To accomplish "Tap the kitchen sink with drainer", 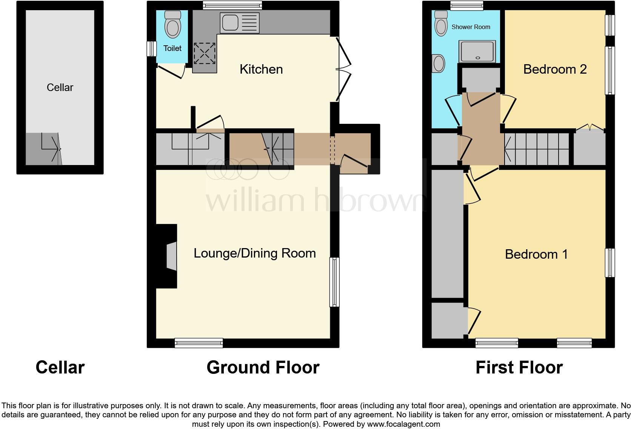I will coord(240,23).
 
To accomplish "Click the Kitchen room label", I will coord(261,69).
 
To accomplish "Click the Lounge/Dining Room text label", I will coord(255,253).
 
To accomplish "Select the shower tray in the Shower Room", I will coord(477,51).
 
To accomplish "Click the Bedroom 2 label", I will coord(555,69).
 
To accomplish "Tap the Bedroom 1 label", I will coord(536,255).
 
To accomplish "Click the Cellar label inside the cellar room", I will coord(60,88).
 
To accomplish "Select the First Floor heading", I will coord(519,367).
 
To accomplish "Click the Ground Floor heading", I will coord(263,367).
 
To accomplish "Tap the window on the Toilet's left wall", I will coord(151,48).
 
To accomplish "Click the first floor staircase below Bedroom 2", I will coord(537,150).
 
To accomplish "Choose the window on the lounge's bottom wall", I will coord(199,343).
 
